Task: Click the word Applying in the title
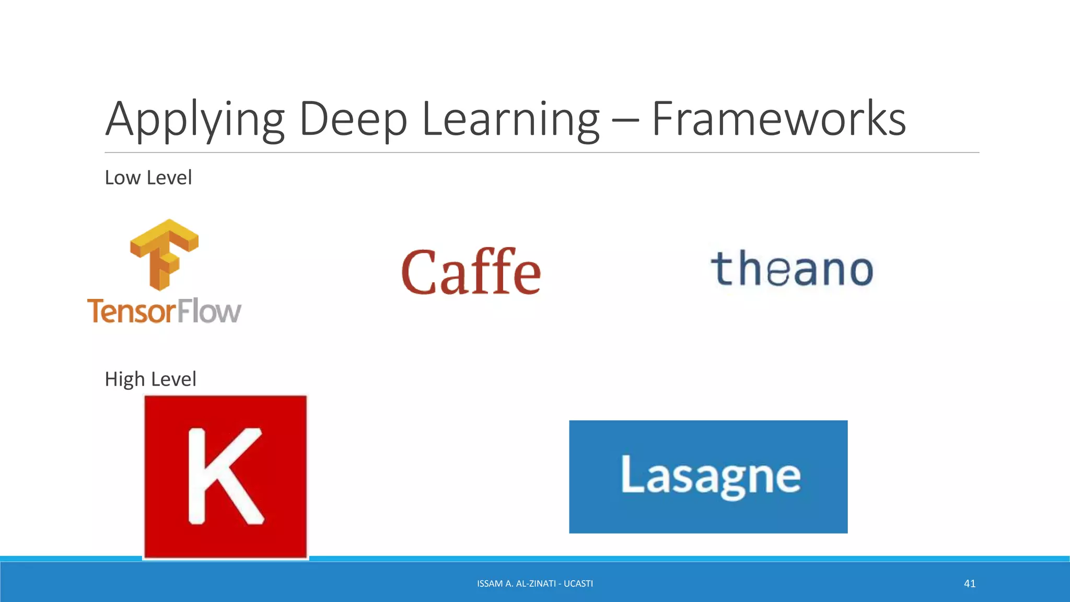point(194,120)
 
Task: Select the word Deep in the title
point(353,120)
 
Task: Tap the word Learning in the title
point(510,120)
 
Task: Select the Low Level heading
point(148,178)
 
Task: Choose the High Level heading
point(150,379)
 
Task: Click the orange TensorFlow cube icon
point(164,254)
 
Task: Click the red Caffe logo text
point(471,272)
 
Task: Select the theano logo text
point(792,269)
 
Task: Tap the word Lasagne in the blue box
point(710,476)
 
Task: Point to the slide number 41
point(970,584)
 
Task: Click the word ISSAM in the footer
point(490,584)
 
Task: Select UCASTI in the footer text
point(578,584)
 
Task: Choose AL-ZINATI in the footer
point(536,584)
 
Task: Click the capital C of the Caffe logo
point(419,272)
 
